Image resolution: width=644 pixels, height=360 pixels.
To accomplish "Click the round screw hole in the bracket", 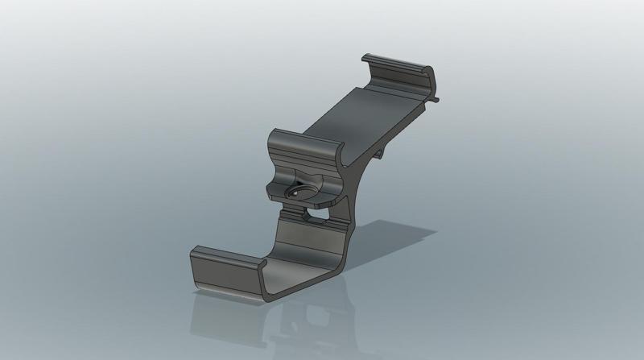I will click(295, 192).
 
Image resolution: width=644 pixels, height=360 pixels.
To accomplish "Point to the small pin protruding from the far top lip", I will click(436, 101).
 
